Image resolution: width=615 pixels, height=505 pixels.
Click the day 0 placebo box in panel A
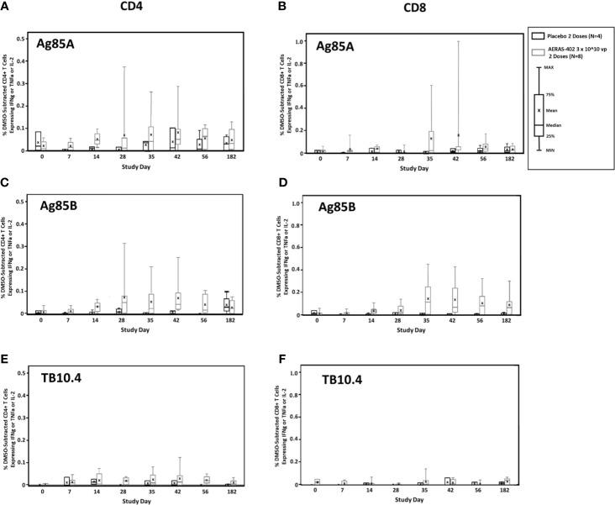38,140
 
